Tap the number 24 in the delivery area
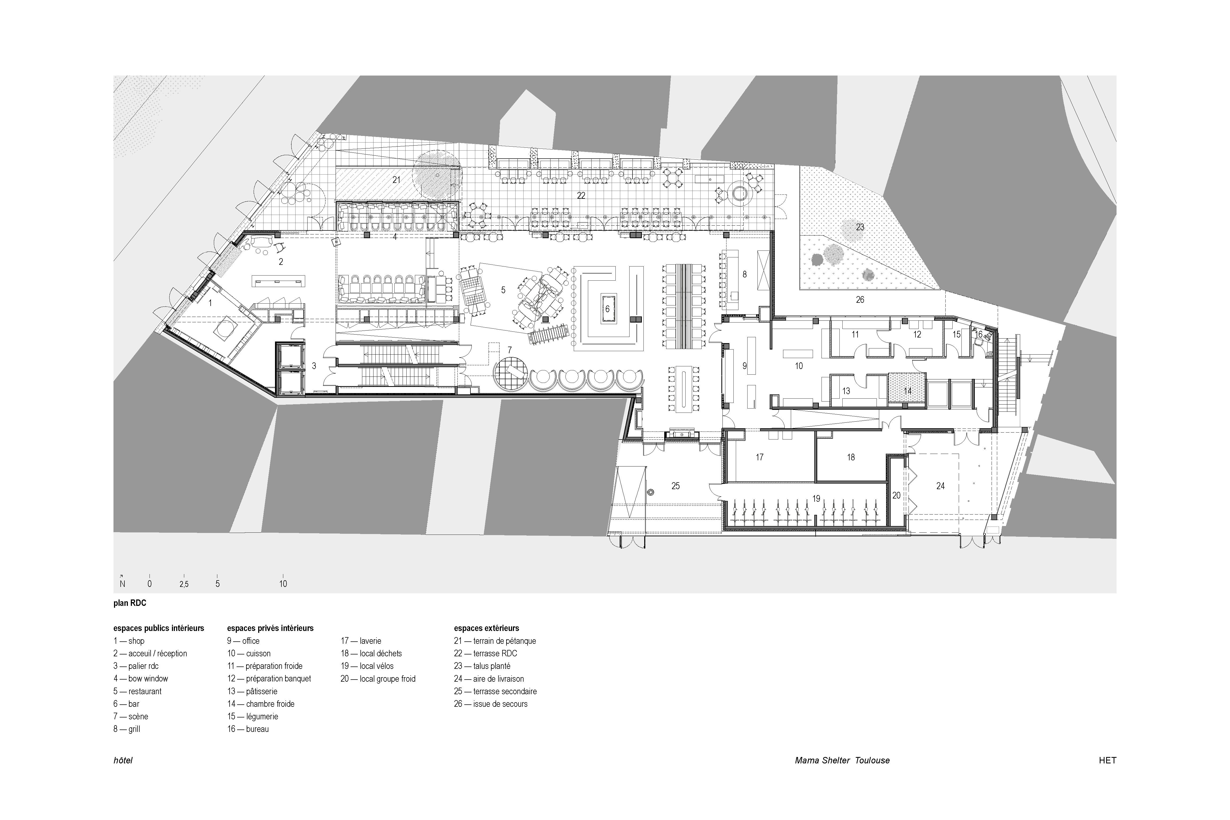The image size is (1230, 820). tap(940, 486)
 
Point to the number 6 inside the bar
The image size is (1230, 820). tap(607, 309)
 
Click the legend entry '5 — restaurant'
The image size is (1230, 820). tap(137, 691)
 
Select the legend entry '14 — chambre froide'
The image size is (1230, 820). tap(261, 704)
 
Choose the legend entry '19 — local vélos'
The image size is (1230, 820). tap(367, 666)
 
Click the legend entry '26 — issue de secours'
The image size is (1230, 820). tap(491, 704)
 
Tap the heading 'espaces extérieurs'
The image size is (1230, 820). tap(487, 628)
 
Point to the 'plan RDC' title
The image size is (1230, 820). tap(130, 603)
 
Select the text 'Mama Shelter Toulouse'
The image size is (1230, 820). tap(842, 760)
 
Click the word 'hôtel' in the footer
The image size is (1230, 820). tap(123, 760)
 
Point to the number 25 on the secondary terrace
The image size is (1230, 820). tap(675, 486)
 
